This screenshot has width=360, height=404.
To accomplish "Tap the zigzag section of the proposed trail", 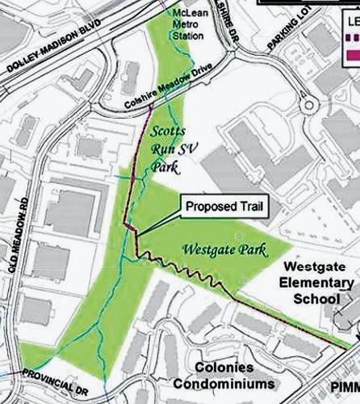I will pyautogui.click(x=182, y=266).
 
